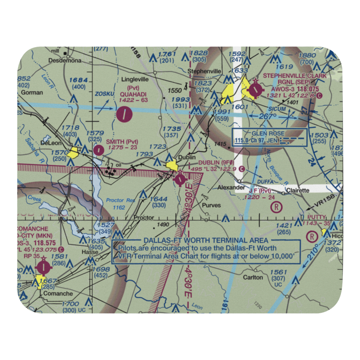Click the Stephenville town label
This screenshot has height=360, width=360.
(x=206, y=71)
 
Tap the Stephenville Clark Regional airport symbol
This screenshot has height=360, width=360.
(x=255, y=89)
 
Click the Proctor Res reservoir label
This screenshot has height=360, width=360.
(x=120, y=201)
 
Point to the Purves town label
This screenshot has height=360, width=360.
(x=211, y=206)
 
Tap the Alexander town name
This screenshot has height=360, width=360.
(x=231, y=188)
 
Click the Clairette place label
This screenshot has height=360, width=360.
(x=297, y=190)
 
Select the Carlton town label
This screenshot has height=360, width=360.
(x=253, y=278)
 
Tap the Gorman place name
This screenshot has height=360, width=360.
(x=32, y=93)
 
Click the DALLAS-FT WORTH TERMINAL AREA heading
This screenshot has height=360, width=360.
(x=206, y=240)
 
